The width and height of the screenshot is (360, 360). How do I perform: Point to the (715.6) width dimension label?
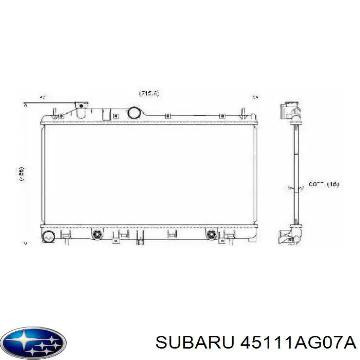[x=149, y=93]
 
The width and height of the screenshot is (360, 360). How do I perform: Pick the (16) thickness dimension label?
[x=332, y=184]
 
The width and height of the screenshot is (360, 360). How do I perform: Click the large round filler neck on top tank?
[x=135, y=112]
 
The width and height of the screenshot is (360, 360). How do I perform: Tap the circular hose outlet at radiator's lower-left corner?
[x=49, y=237]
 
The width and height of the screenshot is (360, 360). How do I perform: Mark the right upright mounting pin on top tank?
[x=243, y=111]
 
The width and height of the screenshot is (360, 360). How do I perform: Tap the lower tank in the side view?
[x=291, y=234]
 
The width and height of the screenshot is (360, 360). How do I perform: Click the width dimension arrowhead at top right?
[x=254, y=97]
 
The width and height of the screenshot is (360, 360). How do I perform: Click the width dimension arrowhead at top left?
[x=43, y=97]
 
